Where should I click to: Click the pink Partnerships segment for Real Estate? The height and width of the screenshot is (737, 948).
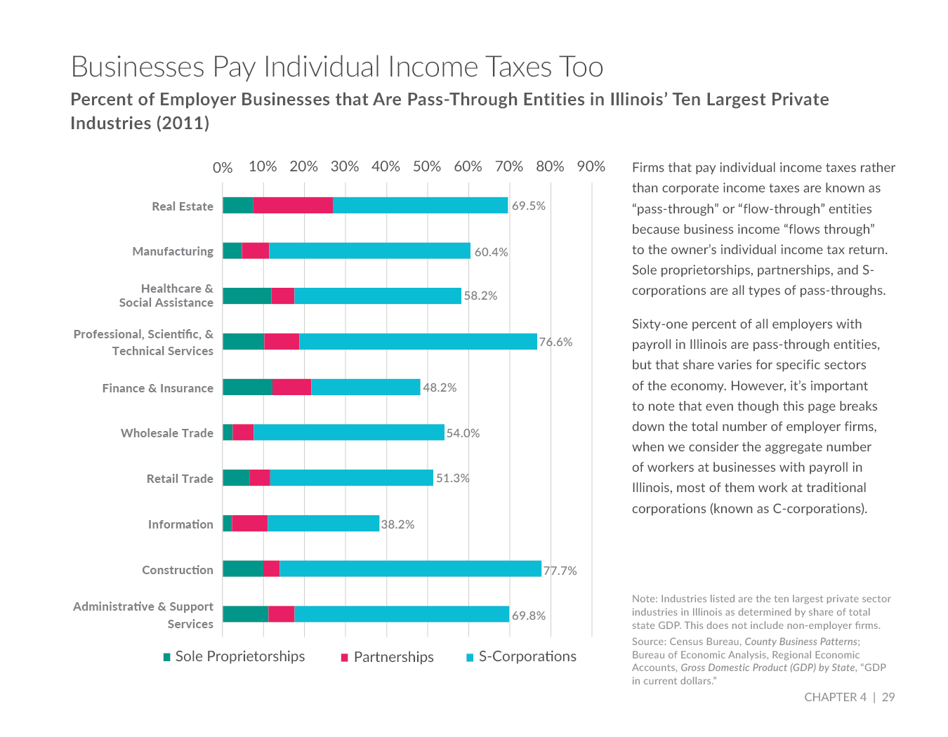point(293,205)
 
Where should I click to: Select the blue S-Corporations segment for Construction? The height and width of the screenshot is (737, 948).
point(410,569)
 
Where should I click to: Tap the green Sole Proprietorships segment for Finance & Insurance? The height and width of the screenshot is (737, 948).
point(247,387)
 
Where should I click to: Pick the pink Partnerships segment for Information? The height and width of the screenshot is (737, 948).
point(249,523)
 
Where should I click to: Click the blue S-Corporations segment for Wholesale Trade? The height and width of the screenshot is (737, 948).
point(349,432)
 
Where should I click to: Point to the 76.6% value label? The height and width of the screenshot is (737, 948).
point(555,342)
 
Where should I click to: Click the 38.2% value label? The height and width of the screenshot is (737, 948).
point(397,524)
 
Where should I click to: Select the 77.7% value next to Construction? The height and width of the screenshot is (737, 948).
point(560,571)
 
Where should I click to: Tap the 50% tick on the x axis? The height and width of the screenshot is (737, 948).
point(427,166)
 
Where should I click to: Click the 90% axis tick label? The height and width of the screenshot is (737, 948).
point(591,166)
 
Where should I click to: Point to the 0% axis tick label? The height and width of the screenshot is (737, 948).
point(223,167)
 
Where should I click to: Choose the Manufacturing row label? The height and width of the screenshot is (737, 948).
point(173,251)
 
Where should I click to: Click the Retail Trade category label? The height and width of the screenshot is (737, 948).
point(180,479)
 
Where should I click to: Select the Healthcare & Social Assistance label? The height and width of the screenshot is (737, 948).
point(166,296)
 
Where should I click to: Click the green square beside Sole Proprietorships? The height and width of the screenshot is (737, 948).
point(167,657)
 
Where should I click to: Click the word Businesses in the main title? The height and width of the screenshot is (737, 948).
point(138,67)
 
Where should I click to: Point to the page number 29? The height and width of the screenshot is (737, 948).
point(888,697)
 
